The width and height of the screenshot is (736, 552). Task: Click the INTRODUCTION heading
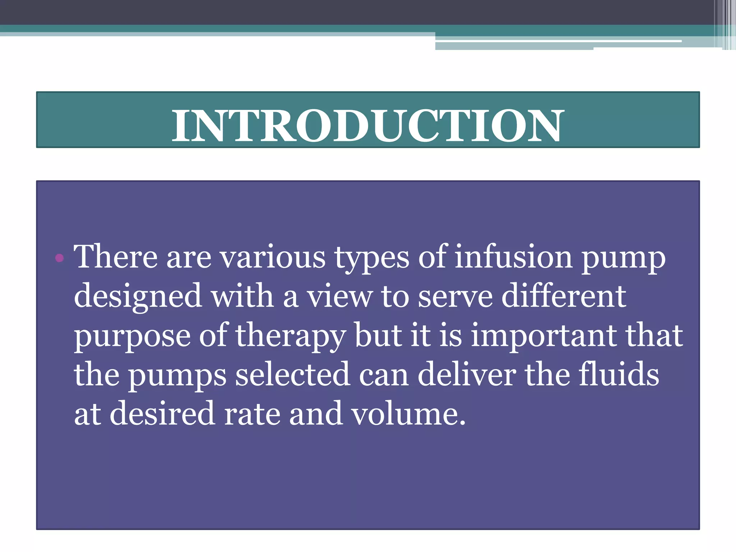368,125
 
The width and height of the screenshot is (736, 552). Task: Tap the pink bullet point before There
60,258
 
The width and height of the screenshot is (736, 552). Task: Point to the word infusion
514,257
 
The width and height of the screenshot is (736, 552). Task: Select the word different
563,296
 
